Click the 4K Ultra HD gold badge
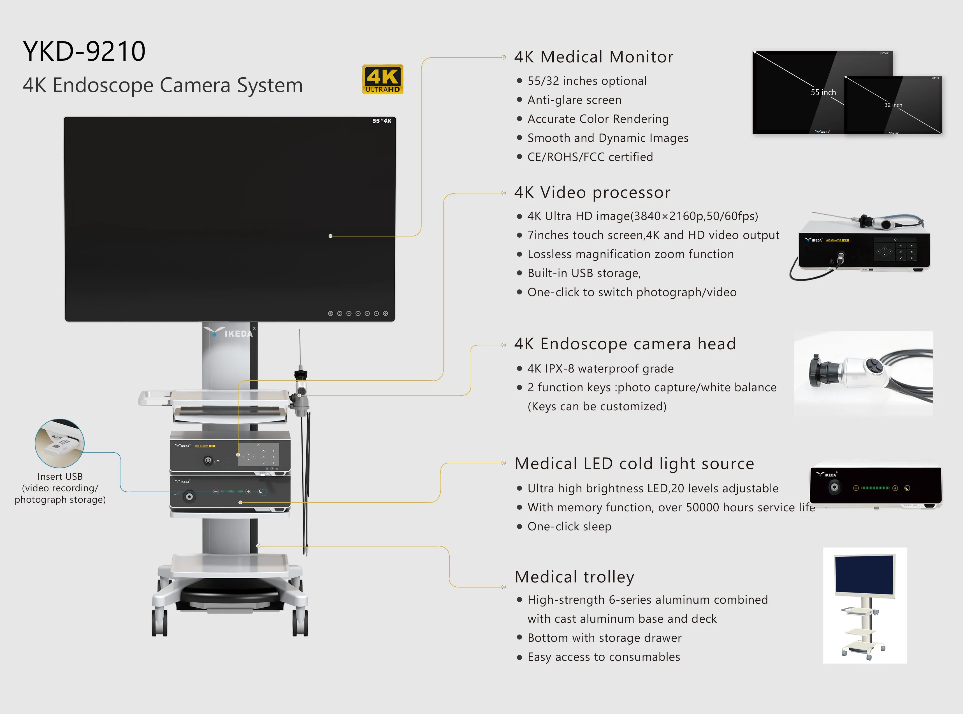(x=382, y=79)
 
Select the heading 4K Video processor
(x=592, y=192)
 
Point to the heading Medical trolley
(x=574, y=577)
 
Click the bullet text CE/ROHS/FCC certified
(x=590, y=157)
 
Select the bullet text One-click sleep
(x=569, y=526)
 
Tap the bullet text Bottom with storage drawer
(x=604, y=638)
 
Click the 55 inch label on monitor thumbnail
(x=823, y=92)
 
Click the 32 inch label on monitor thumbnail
(x=893, y=105)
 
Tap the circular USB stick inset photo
(x=60, y=443)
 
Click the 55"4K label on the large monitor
(x=382, y=121)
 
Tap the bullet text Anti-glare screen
(x=574, y=100)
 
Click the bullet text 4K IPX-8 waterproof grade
(x=600, y=369)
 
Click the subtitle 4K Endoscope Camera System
(x=163, y=85)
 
